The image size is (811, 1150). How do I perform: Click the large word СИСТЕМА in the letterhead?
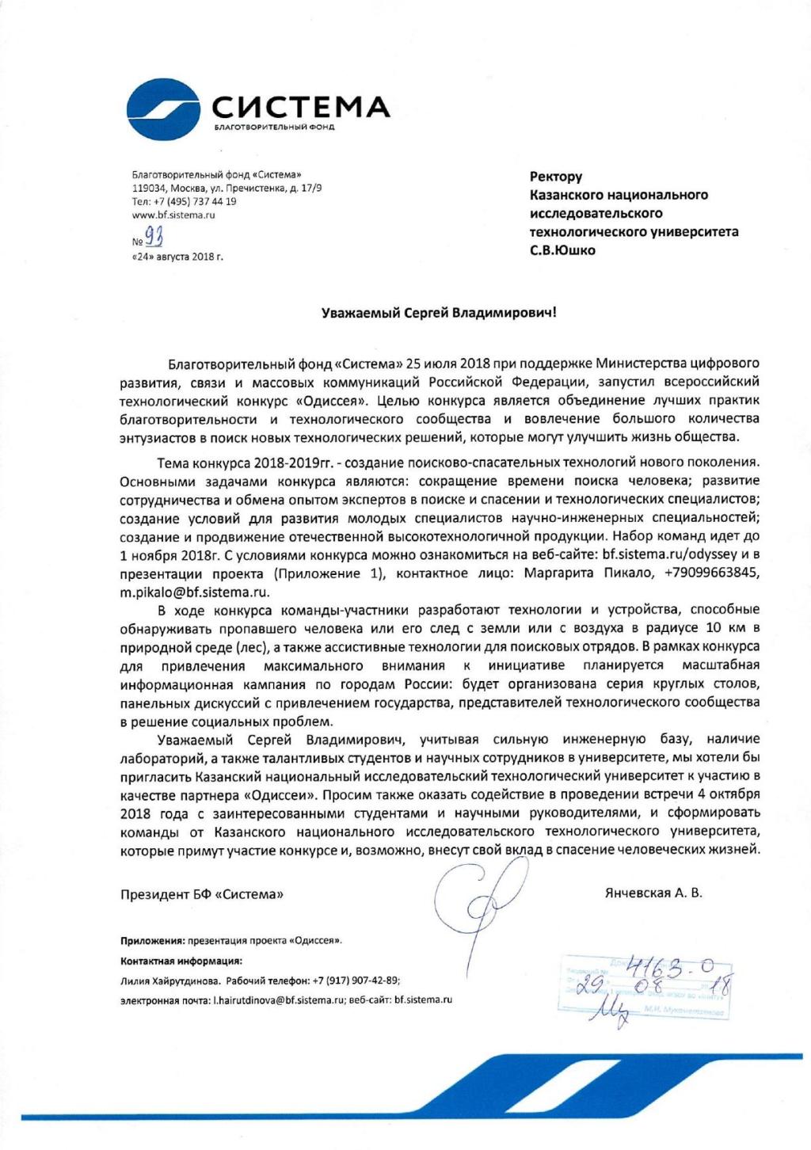(301, 108)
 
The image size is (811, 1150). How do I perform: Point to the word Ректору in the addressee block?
(556, 177)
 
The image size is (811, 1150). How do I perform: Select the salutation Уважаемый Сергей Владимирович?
(440, 313)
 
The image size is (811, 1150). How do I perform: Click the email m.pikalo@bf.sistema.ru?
(195, 592)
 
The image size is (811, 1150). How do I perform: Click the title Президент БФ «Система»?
(202, 894)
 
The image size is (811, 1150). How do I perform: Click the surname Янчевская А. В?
(653, 893)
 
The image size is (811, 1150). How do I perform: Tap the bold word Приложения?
(152, 941)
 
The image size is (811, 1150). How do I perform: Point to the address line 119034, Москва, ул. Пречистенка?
(227, 188)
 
